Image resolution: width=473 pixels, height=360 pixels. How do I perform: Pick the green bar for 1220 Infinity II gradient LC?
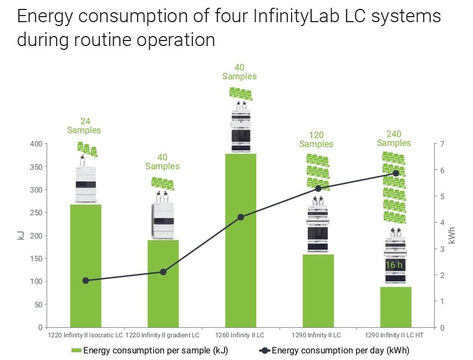point(163,283)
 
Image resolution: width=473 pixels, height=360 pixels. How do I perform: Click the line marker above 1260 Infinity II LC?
point(241,217)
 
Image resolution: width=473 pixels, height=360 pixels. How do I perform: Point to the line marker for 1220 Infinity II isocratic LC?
point(85,281)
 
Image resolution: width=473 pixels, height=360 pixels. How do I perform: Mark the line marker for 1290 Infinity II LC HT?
point(396,173)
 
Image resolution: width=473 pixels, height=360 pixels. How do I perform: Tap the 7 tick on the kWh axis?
point(442,144)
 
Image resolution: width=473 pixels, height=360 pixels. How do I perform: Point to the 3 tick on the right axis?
point(442,249)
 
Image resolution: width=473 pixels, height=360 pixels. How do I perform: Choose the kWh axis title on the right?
point(452,236)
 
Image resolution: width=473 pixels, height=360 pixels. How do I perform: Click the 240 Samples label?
point(394,138)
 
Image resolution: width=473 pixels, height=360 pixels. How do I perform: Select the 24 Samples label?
point(84,126)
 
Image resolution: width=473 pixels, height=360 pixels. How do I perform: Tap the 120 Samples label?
point(317,139)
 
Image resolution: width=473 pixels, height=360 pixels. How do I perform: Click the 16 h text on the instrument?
point(394,265)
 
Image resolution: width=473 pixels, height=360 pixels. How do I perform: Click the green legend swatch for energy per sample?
point(76,350)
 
